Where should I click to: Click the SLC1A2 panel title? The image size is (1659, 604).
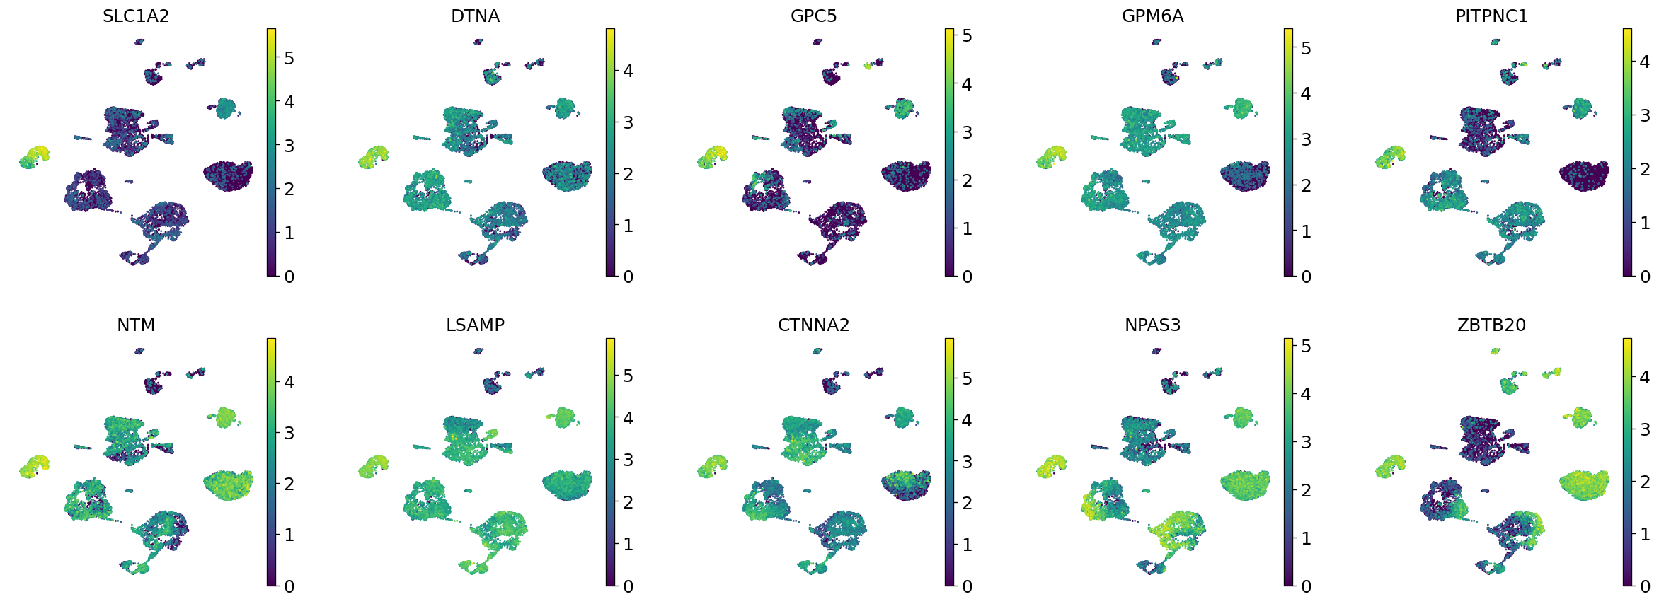tap(136, 16)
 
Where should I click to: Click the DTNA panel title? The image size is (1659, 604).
tap(475, 16)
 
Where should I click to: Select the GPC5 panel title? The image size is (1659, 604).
tap(813, 16)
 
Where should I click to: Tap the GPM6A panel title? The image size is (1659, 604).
tap(1152, 16)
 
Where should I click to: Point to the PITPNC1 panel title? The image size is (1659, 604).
tap(1491, 16)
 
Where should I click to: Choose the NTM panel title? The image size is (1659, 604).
tap(136, 325)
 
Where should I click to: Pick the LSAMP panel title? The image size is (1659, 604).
tap(475, 325)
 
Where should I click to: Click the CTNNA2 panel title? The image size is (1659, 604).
tap(813, 325)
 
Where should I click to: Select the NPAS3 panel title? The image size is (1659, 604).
tap(1152, 325)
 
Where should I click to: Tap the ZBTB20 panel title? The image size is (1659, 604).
tap(1491, 325)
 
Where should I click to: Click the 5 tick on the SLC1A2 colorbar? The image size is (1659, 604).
tap(289, 58)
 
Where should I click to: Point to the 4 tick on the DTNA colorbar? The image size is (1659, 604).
tap(628, 71)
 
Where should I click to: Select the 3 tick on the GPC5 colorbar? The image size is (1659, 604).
tap(967, 132)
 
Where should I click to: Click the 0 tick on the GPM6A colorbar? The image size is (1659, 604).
tap(1306, 277)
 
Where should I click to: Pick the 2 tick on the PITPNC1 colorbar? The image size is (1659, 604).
tap(1645, 169)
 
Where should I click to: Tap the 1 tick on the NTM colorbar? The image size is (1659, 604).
tap(289, 535)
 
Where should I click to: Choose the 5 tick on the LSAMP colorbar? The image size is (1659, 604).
tap(628, 376)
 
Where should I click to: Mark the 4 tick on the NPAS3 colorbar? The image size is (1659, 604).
tap(1306, 394)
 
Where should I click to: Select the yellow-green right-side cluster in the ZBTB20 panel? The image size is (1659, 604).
tap(1584, 485)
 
